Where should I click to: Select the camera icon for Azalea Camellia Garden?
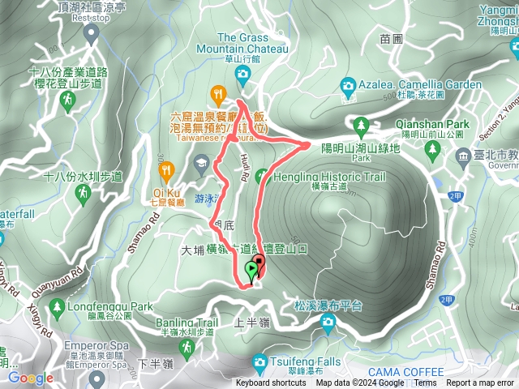[348, 85]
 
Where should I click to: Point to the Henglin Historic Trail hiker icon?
[261, 176]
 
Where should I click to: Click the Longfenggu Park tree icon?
[57, 307]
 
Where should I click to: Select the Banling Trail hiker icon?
[187, 347]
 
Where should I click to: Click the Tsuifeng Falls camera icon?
[259, 361]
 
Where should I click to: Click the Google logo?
[31, 378]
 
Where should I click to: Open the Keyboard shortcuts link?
[271, 383]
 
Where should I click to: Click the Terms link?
[425, 383]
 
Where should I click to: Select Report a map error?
[479, 383]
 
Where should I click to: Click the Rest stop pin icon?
[92, 32]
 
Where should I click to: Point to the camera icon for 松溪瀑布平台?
[328, 323]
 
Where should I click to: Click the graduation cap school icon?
[199, 165]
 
